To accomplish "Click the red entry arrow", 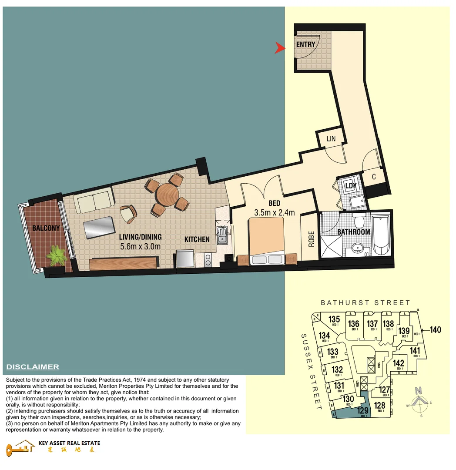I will (x=280, y=48).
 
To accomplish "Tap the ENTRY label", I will (x=305, y=44).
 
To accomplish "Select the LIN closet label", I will (x=331, y=138).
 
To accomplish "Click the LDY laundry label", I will (x=351, y=186).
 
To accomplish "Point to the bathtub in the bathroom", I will (x=382, y=235).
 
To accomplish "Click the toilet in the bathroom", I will (x=359, y=220).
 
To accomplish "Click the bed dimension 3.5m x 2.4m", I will (x=275, y=213).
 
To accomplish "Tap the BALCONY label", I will (x=46, y=228).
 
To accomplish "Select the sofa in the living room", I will (x=94, y=201).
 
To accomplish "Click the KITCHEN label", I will (x=197, y=239).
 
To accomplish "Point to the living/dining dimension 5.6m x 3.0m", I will (x=140, y=246).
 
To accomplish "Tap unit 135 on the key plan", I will (x=334, y=320).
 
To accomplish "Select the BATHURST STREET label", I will (x=365, y=302).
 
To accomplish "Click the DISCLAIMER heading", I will (x=33, y=367).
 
